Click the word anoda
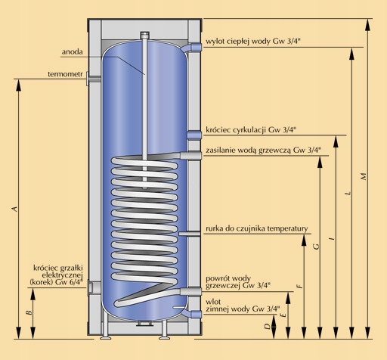click(x=72, y=52)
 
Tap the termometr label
click(x=65, y=74)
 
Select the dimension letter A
click(x=15, y=209)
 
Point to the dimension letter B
click(x=29, y=312)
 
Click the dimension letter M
click(x=364, y=176)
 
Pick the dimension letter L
click(x=348, y=194)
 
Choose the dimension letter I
click(x=333, y=237)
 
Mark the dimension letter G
click(x=317, y=246)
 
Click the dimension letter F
click(x=300, y=286)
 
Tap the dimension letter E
click(x=283, y=315)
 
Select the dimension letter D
click(x=268, y=326)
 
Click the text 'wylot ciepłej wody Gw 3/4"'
click(x=253, y=42)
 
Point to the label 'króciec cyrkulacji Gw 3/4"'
click(x=251, y=130)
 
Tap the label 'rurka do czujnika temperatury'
click(x=257, y=228)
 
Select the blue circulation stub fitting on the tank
click(x=194, y=135)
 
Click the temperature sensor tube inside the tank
click(x=190, y=234)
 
